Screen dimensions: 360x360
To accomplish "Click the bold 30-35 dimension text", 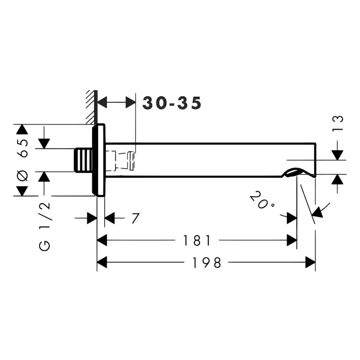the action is [x=172, y=103].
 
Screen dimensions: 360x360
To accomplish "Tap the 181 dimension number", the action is [x=196, y=241].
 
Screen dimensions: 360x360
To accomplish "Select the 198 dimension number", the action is [x=206, y=263].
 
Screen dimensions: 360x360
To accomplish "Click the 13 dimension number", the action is [x=338, y=123].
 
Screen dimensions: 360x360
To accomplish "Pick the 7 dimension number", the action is [x=135, y=218].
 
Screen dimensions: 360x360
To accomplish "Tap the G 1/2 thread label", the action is [x=45, y=227].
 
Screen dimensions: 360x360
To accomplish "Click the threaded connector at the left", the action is [x=83, y=160].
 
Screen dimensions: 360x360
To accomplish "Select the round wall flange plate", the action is [x=99, y=160].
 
